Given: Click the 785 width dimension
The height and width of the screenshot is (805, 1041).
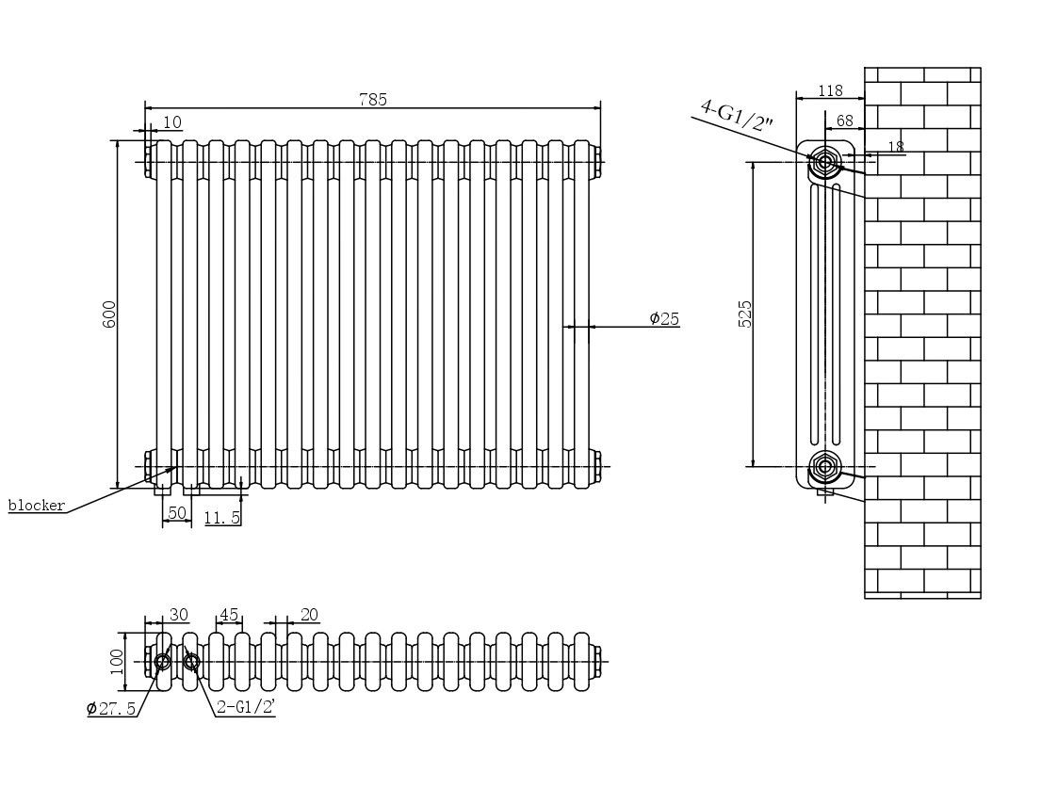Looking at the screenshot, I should (372, 100).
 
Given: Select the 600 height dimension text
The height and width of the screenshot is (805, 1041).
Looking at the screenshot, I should (109, 314).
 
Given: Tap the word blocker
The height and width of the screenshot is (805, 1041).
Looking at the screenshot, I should (37, 506).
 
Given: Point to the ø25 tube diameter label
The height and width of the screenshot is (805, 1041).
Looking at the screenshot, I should (664, 318).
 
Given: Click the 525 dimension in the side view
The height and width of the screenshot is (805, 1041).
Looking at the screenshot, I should (745, 314).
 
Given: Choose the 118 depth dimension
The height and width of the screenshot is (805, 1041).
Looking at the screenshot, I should (830, 90).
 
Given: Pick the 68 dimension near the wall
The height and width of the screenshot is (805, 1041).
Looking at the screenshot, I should (844, 121).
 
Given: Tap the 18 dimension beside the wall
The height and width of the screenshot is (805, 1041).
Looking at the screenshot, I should (895, 146).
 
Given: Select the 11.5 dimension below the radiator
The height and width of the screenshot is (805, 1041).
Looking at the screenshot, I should (222, 517).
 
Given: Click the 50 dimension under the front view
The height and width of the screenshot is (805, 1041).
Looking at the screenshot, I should (176, 513).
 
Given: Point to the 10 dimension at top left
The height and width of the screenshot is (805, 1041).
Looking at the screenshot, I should (172, 121).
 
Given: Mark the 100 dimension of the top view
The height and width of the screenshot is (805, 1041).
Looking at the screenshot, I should (118, 660).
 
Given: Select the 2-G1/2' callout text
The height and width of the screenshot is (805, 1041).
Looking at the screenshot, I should (245, 707).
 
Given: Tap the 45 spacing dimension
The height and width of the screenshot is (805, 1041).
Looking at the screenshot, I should (228, 615).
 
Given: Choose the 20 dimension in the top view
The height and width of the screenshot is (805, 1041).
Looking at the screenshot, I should (309, 615).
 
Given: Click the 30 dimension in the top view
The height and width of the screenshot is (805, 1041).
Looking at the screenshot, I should (178, 615).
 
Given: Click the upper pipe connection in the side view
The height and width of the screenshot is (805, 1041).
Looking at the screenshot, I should (825, 162).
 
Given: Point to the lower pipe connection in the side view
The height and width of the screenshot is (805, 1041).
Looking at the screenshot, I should (825, 465).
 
